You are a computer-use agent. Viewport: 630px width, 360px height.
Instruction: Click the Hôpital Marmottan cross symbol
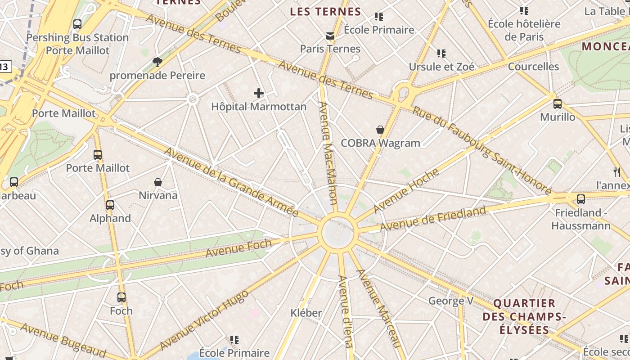pyautogui.click(x=259, y=93)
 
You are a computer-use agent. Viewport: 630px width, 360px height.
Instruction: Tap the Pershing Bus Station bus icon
pyautogui.click(x=77, y=24)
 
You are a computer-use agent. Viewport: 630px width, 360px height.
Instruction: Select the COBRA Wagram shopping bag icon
pyautogui.click(x=380, y=130)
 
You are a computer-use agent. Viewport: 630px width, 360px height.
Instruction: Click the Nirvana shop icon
pyautogui.click(x=158, y=182)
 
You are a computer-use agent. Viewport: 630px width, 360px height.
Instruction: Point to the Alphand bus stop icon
pyautogui.click(x=110, y=205)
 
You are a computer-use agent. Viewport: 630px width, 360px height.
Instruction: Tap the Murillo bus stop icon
pyautogui.click(x=558, y=104)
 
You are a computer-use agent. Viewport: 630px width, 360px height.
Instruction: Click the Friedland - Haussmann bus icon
pyautogui.click(x=581, y=199)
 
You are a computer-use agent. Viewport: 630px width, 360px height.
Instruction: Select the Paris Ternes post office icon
pyautogui.click(x=330, y=36)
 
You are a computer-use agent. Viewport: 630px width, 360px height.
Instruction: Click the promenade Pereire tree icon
pyautogui.click(x=157, y=62)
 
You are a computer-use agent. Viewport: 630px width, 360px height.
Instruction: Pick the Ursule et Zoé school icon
pyautogui.click(x=441, y=54)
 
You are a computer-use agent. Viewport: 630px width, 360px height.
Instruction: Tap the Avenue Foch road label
pyautogui.click(x=238, y=248)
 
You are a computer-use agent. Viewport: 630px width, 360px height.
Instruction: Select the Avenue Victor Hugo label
pyautogui.click(x=204, y=320)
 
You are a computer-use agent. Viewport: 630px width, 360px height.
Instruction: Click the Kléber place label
pyautogui.click(x=306, y=313)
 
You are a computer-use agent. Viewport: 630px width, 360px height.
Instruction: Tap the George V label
pyautogui.click(x=451, y=301)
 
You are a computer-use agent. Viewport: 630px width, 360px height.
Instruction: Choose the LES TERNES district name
pyautogui.click(x=325, y=12)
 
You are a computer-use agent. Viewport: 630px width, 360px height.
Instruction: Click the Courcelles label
pyautogui.click(x=533, y=67)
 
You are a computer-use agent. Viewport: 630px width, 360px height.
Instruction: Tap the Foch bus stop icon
pyautogui.click(x=121, y=297)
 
